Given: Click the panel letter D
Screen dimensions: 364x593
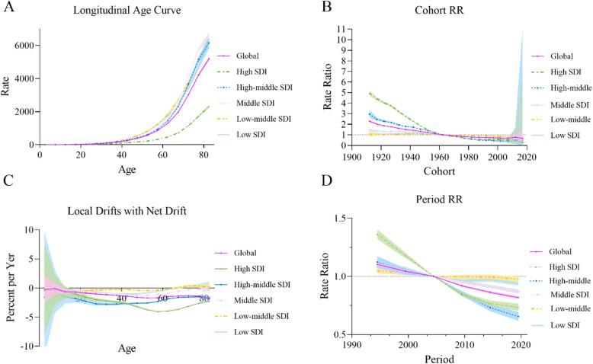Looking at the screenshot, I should coord(308,201).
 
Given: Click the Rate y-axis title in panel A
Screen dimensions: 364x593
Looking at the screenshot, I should coord(8,88).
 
